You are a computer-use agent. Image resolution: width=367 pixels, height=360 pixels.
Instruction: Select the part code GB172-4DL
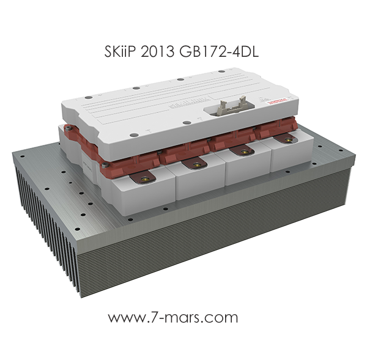[x=219, y=52]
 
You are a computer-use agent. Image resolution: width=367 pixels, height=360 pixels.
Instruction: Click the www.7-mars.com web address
[x=173, y=317]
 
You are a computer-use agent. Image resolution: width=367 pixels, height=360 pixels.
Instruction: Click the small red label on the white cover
[x=278, y=101]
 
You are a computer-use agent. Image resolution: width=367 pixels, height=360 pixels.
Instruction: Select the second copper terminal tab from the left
[x=195, y=164]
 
